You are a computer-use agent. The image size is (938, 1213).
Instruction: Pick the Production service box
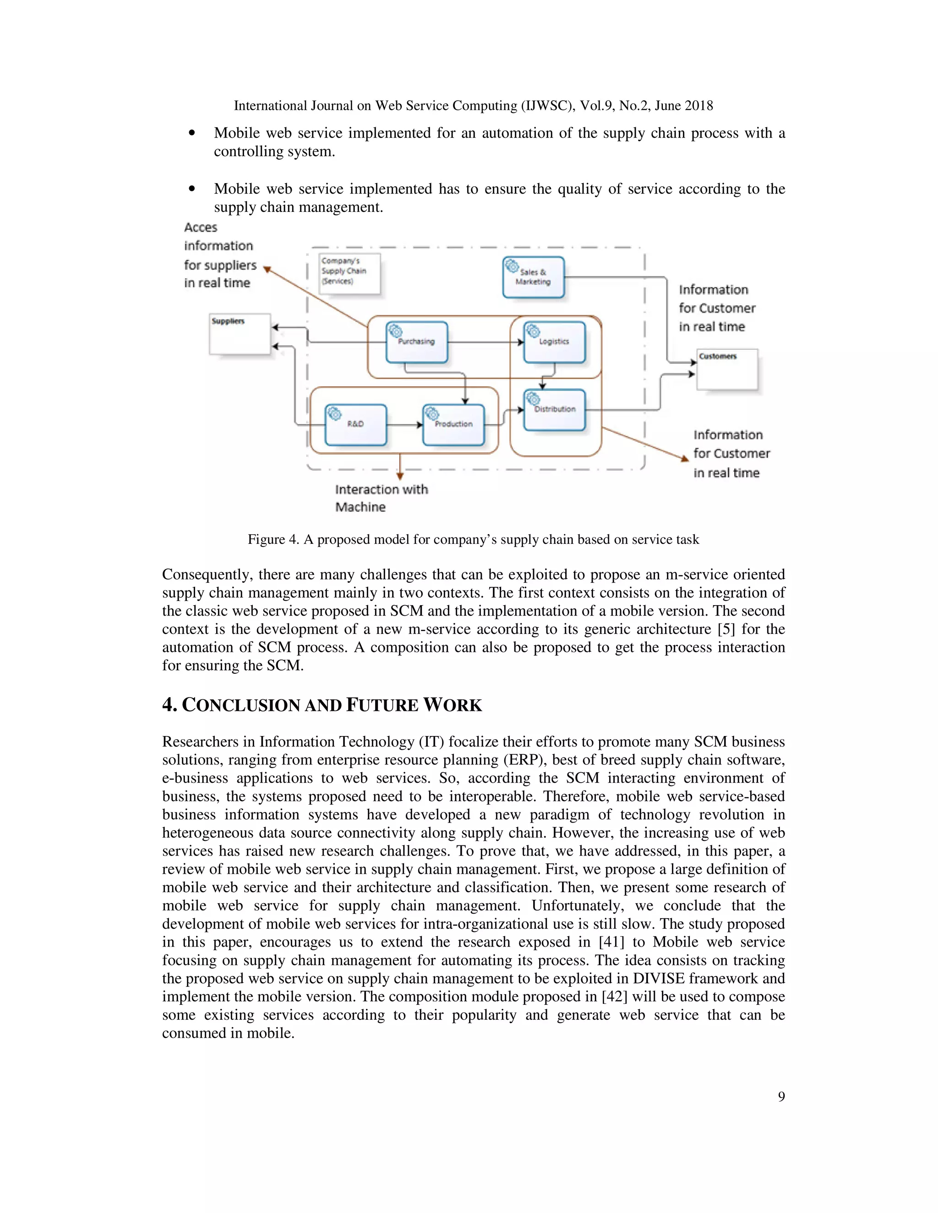coord(453,425)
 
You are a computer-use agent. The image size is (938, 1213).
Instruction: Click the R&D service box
coord(355,425)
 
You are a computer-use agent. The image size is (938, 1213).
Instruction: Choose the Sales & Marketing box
coord(534,277)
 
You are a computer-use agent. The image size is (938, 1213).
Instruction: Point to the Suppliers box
coord(240,334)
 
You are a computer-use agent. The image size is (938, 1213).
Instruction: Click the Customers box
coord(727,369)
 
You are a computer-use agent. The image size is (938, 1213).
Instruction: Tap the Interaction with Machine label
coord(381,498)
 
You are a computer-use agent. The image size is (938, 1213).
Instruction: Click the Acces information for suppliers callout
coord(219,255)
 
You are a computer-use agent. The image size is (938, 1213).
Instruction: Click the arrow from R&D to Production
coord(404,425)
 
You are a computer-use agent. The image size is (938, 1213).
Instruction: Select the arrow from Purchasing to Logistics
coord(485,342)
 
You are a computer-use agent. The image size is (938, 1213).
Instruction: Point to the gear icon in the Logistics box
coord(532,330)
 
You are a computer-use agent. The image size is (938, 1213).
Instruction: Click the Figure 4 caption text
coord(473,539)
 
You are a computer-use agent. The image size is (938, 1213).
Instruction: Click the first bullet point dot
coord(192,133)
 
